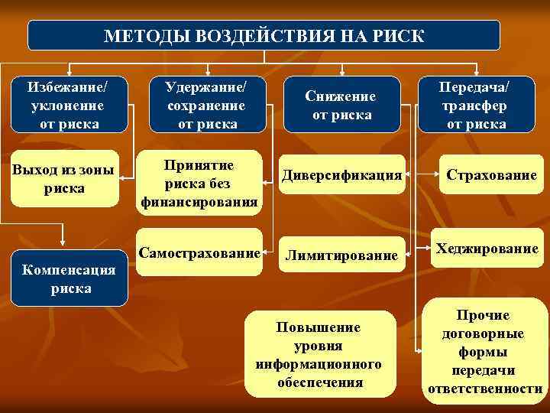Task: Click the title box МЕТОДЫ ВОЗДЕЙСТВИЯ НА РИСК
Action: [x=264, y=35]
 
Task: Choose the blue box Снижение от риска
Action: [x=341, y=106]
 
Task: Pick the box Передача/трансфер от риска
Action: [x=476, y=102]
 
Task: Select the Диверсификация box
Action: [x=341, y=175]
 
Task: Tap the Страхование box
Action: [x=492, y=175]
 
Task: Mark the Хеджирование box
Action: [x=487, y=249]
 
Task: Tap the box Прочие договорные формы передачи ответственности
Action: [x=484, y=352]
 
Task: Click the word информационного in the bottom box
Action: [x=319, y=363]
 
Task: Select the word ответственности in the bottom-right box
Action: [x=484, y=388]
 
